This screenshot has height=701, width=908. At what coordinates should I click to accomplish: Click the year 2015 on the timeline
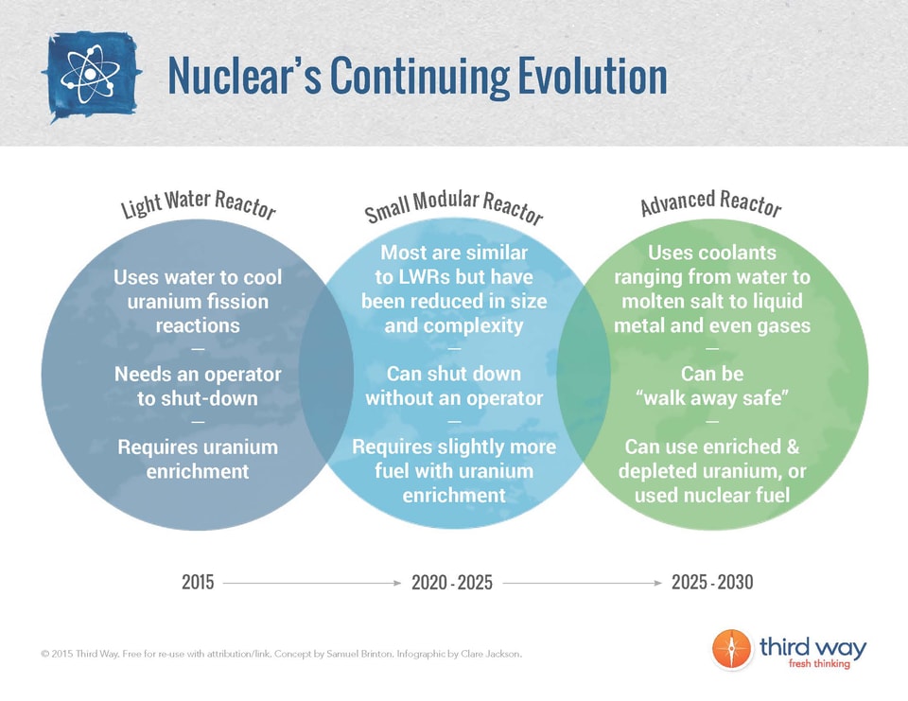point(198,583)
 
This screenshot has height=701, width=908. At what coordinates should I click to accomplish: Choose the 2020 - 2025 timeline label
point(452,583)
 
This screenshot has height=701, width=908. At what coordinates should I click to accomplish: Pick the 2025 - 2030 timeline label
point(712,583)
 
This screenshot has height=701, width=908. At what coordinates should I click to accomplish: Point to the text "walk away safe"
point(712,398)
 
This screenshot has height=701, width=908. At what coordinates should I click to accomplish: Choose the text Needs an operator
point(198,375)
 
